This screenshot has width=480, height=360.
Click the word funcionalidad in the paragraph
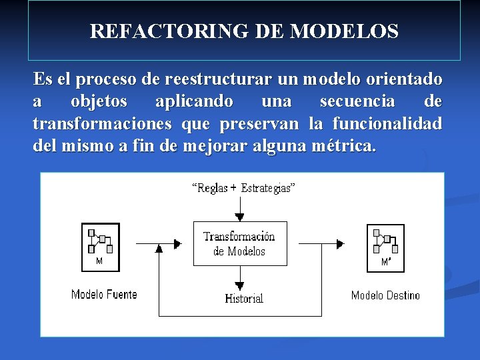(387, 124)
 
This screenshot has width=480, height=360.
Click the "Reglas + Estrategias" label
(243, 188)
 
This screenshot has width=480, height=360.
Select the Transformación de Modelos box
(239, 243)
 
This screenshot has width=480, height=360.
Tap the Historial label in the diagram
(244, 299)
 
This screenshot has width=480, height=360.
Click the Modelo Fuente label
(104, 294)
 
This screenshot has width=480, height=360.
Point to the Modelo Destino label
(385, 295)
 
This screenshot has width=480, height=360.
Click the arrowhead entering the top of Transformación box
(240, 217)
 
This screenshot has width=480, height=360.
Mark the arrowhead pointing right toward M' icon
(340, 244)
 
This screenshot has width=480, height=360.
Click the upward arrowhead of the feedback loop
(159, 249)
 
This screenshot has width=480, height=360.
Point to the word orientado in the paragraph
(407, 80)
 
